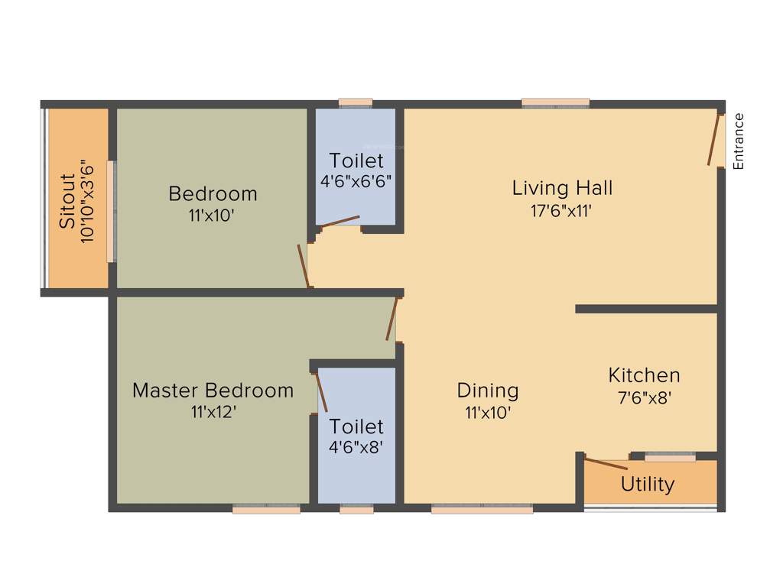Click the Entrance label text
click(738, 141)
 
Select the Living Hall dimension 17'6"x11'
click(562, 211)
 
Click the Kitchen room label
click(644, 375)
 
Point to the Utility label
click(648, 485)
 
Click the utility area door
click(606, 463)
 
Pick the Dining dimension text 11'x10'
click(487, 413)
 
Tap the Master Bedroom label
click(213, 391)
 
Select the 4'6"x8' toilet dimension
click(356, 448)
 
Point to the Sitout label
click(68, 201)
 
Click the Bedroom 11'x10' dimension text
click(211, 216)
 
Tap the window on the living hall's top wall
click(556, 102)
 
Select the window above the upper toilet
click(356, 102)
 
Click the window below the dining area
click(482, 509)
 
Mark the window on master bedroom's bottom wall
click(266, 509)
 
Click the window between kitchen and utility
click(670, 457)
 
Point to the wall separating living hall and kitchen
click(646, 309)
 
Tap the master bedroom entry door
click(392, 319)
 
